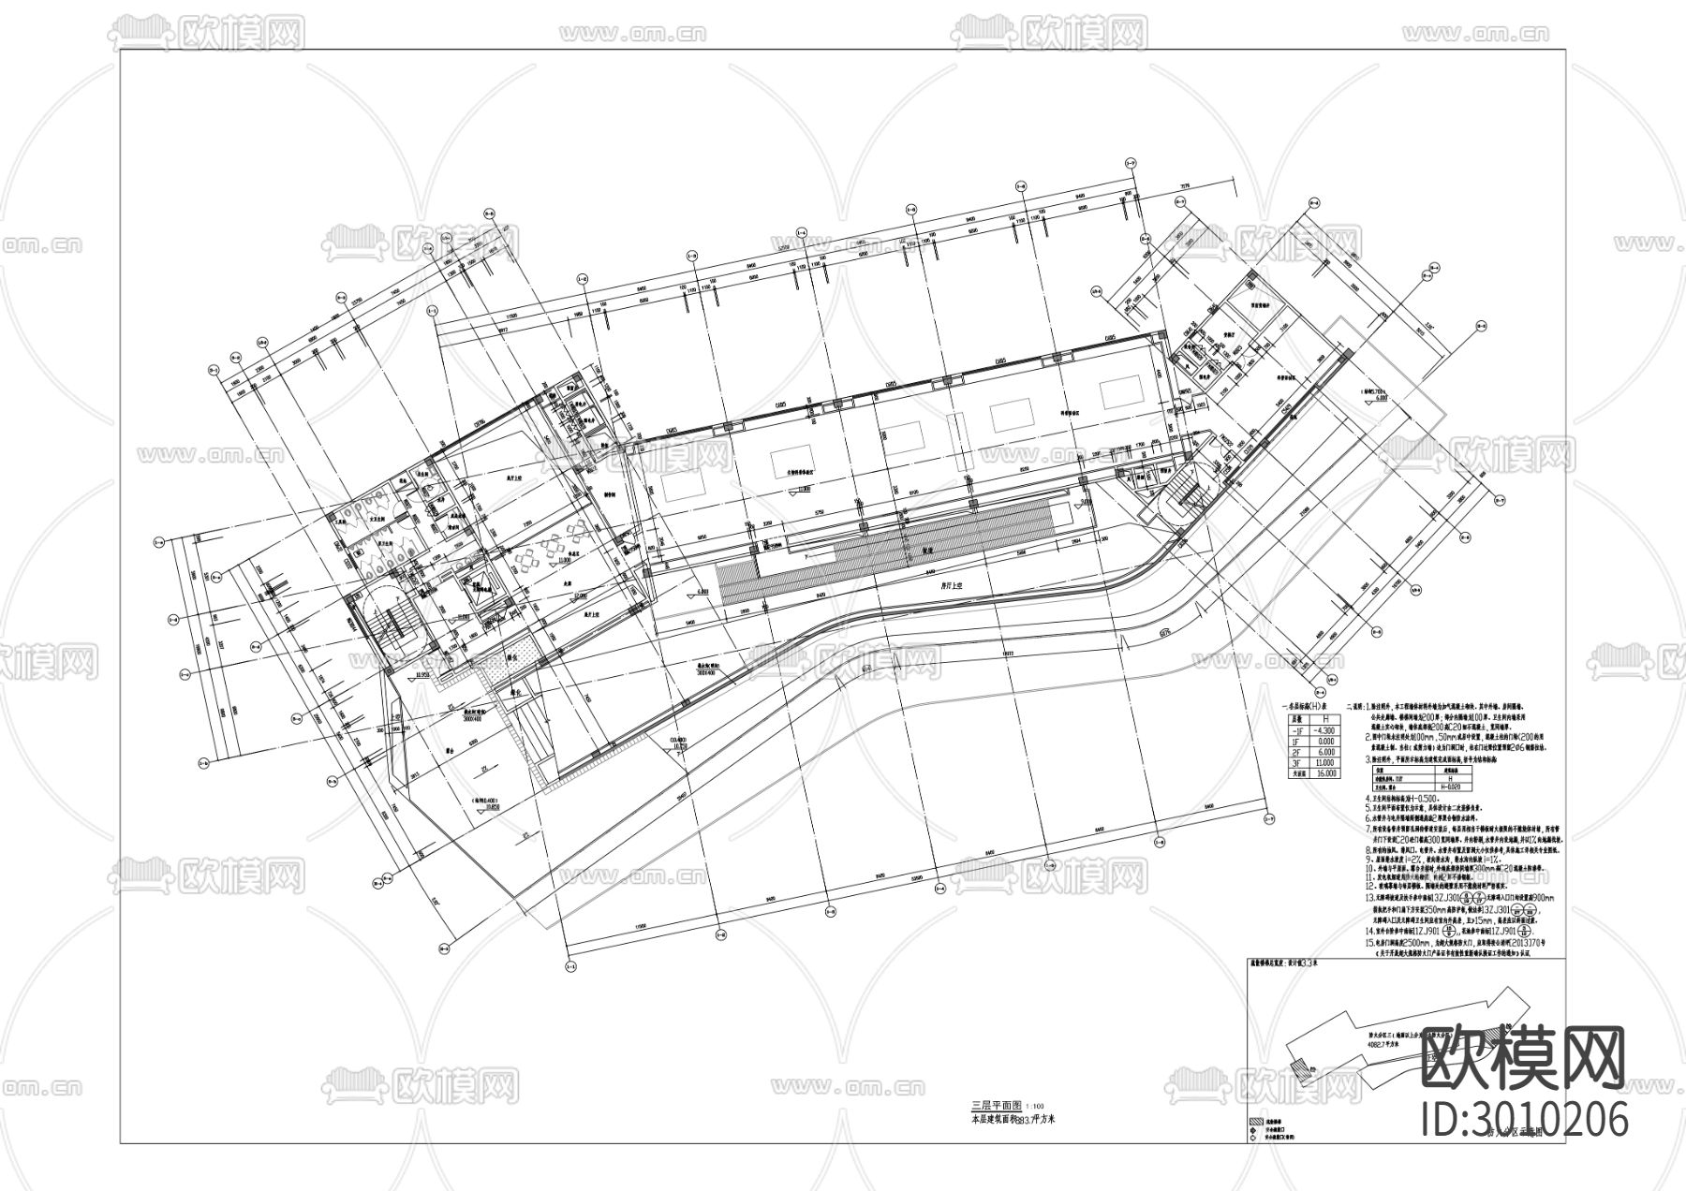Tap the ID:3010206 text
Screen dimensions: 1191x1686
(1525, 1119)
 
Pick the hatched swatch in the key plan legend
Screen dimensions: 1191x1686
(1255, 1122)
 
